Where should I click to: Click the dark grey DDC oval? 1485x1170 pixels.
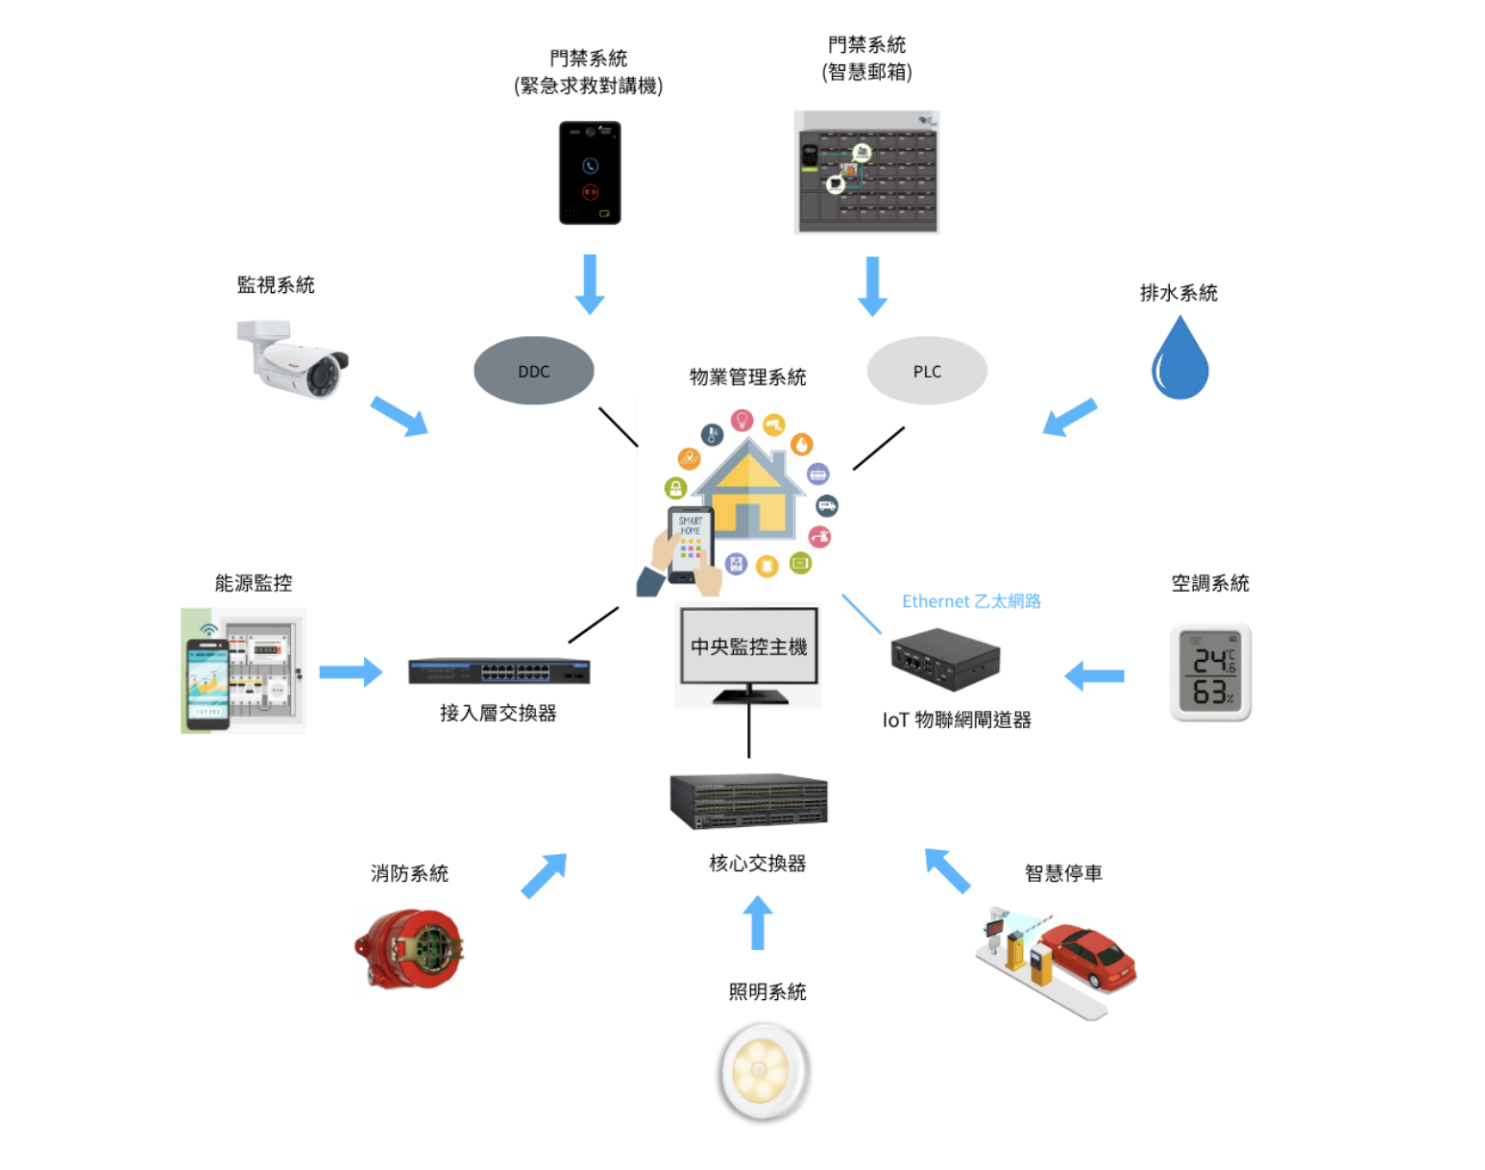click(x=533, y=371)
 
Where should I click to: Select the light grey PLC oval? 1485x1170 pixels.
click(x=927, y=371)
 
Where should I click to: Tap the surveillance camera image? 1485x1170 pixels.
click(x=293, y=359)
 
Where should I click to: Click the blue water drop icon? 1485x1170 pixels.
click(x=1180, y=359)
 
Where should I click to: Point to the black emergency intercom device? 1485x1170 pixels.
click(x=590, y=173)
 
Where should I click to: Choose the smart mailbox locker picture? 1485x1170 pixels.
click(x=866, y=172)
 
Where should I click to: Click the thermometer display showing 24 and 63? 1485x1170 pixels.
click(x=1210, y=672)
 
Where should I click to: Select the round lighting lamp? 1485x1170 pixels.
click(x=765, y=1071)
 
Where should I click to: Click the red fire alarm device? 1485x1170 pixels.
click(x=409, y=949)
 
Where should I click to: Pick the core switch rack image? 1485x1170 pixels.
click(x=748, y=801)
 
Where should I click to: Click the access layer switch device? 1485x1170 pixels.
click(x=499, y=670)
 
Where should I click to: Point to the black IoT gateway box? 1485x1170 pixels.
click(x=945, y=659)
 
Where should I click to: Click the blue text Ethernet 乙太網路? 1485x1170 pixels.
click(x=971, y=601)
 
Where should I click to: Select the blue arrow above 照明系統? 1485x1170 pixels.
click(x=758, y=922)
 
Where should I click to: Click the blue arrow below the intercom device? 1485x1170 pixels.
click(x=590, y=284)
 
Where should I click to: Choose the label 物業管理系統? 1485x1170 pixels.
click(x=747, y=378)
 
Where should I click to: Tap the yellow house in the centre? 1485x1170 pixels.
click(x=749, y=490)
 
